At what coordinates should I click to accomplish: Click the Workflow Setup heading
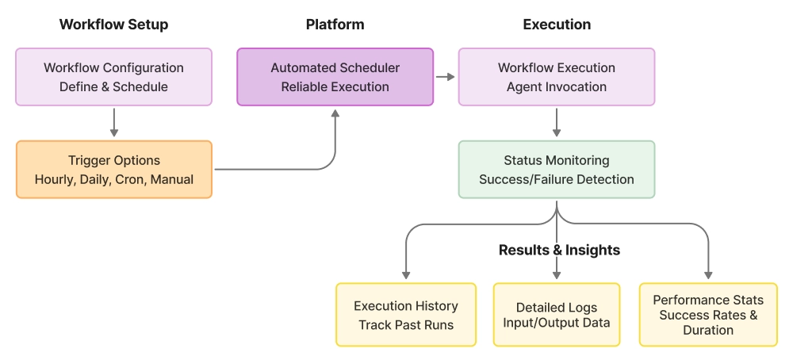tap(113, 25)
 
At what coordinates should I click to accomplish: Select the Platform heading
tap(335, 25)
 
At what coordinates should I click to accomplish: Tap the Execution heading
tap(557, 25)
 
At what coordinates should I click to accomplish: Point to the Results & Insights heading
tap(559, 250)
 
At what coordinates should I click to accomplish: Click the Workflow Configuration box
tap(113, 77)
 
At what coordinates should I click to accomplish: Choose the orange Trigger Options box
tap(113, 169)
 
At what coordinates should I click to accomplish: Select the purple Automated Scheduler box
tap(335, 77)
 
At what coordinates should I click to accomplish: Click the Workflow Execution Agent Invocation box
tap(557, 77)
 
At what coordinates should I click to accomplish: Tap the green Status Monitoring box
tap(557, 169)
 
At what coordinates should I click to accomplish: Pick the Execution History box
tap(406, 315)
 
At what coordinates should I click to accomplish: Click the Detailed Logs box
tap(557, 315)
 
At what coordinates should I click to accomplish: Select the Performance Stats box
tap(708, 315)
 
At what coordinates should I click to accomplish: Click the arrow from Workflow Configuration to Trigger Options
tap(113, 122)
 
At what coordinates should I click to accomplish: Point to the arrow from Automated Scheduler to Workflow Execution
tap(446, 77)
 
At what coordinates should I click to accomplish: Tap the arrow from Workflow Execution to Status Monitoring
tap(557, 122)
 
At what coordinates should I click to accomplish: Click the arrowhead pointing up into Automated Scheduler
tap(335, 114)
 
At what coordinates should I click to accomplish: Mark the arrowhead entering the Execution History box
tap(406, 274)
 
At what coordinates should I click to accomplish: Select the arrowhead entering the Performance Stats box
tap(708, 274)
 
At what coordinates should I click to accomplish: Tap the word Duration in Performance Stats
tap(708, 330)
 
